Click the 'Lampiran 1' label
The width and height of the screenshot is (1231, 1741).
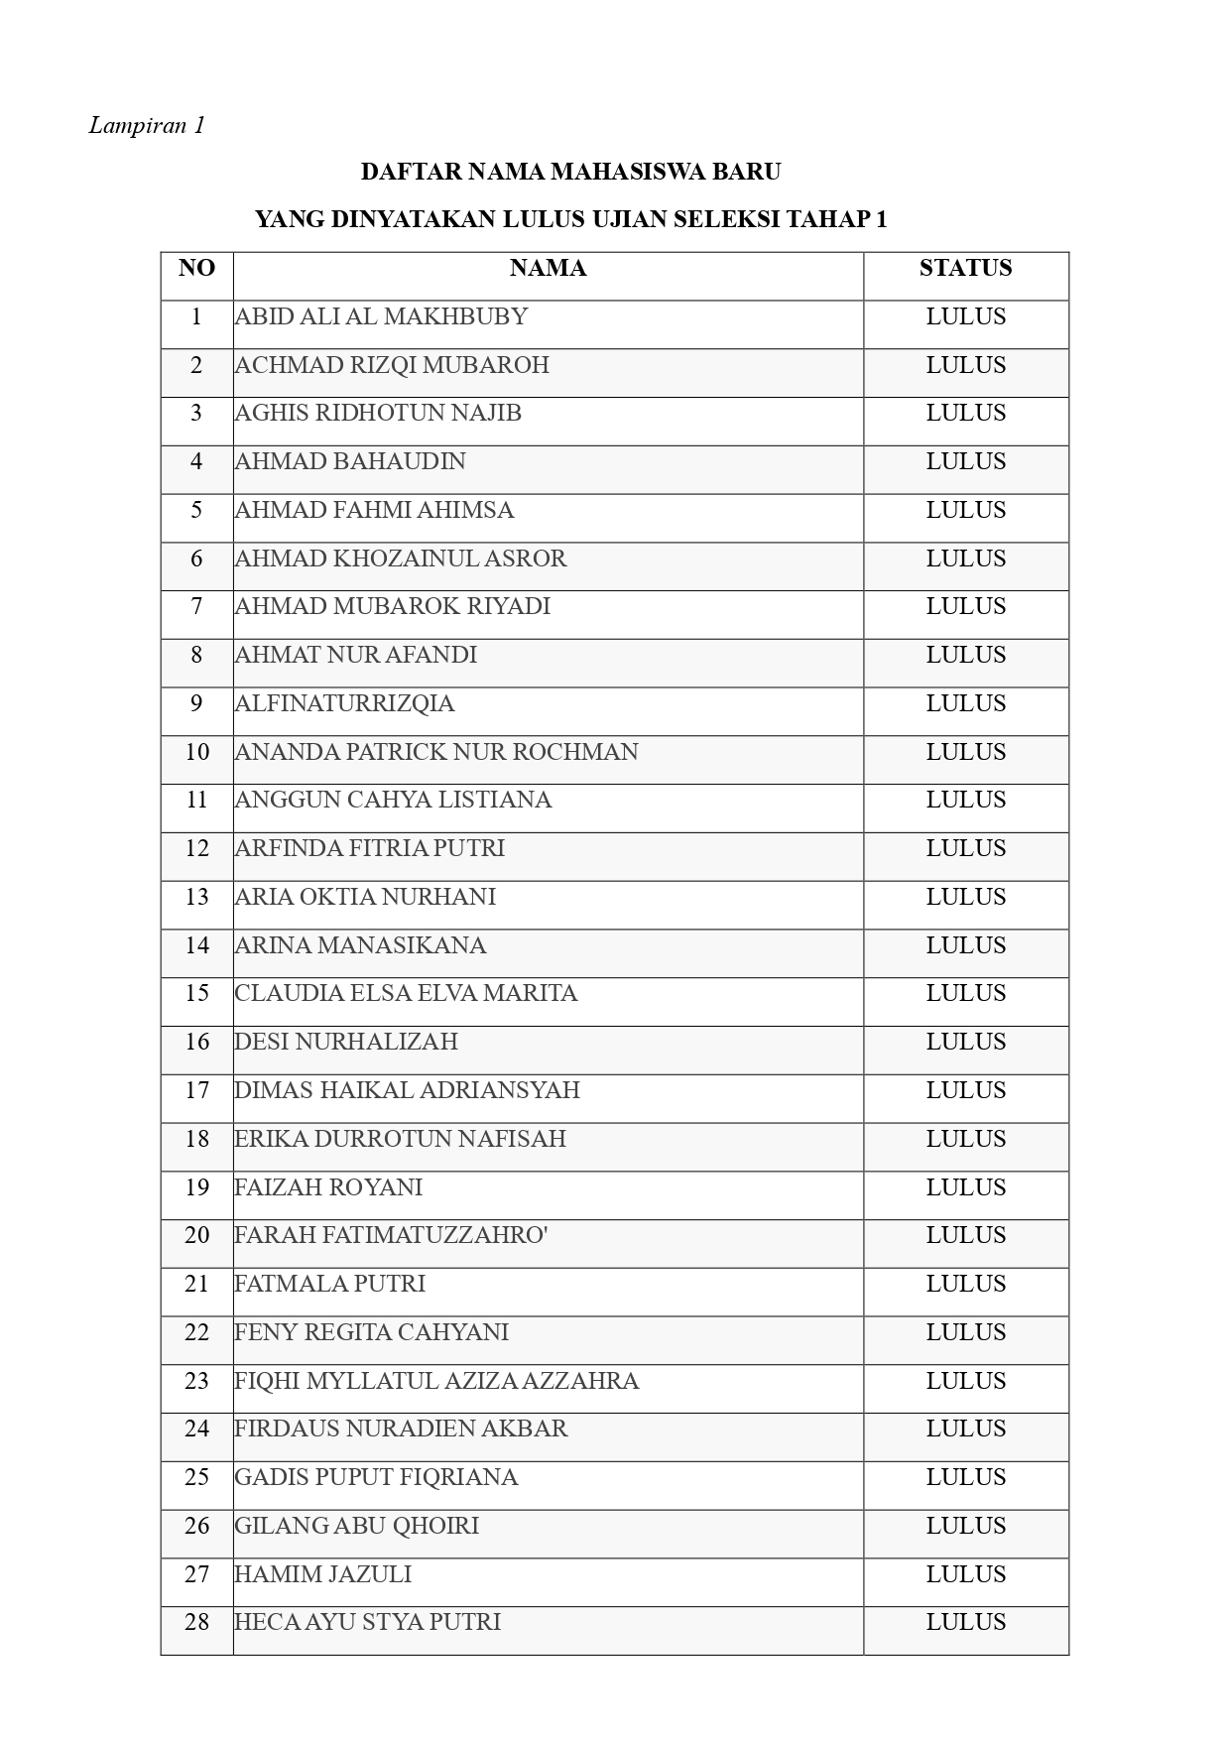[147, 125]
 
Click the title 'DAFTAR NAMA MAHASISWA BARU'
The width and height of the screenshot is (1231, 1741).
[570, 172]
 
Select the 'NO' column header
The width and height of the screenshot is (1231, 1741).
[196, 268]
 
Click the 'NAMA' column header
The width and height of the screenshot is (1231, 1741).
[548, 268]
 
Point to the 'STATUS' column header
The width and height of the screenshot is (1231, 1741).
[965, 268]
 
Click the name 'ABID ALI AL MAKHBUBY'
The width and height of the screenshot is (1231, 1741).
[381, 316]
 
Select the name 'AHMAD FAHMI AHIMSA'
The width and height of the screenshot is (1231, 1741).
[374, 510]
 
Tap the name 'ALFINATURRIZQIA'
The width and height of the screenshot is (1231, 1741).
[344, 703]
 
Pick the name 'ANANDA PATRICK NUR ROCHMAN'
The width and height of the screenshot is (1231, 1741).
[436, 752]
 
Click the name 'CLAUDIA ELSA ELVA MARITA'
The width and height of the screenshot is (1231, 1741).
[406, 993]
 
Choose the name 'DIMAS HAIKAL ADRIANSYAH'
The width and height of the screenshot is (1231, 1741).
[407, 1090]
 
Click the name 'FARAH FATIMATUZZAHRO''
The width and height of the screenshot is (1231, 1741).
[391, 1235]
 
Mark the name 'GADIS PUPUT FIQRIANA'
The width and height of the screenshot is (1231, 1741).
[376, 1477]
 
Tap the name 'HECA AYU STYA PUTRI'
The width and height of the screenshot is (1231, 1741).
[367, 1622]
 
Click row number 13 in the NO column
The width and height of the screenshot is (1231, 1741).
[196, 897]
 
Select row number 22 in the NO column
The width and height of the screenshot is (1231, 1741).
[196, 1332]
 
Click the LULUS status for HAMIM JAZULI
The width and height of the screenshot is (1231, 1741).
[965, 1574]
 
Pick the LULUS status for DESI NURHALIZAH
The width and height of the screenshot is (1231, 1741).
[965, 1042]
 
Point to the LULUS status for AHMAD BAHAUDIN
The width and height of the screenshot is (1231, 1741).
[965, 461]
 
